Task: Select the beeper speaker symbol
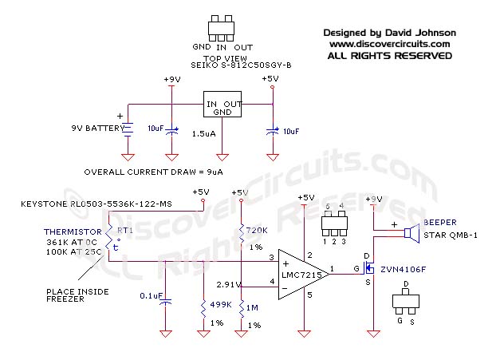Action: pyautogui.click(x=411, y=232)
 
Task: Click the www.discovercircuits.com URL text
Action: pyautogui.click(x=388, y=44)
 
